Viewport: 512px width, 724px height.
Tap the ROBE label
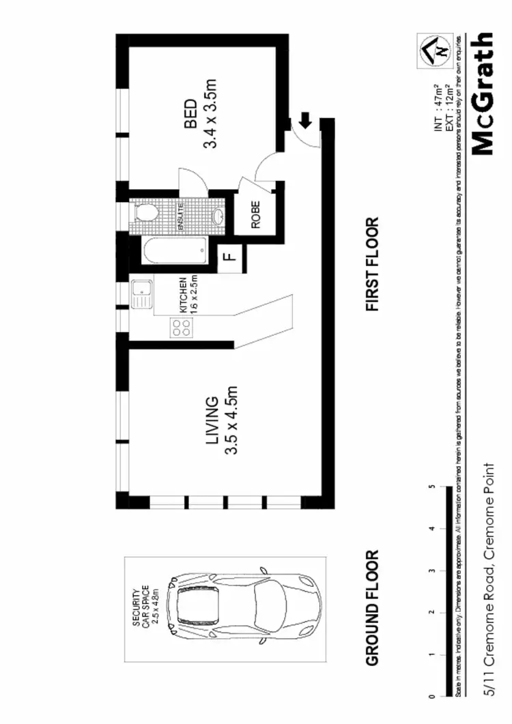click(x=255, y=216)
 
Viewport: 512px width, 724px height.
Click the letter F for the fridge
click(x=230, y=257)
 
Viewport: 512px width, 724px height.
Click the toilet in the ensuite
click(x=145, y=214)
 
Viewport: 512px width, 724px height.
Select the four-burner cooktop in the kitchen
click(x=182, y=329)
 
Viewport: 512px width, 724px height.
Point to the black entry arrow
click(x=305, y=121)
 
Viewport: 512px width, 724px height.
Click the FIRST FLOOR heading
click(x=372, y=265)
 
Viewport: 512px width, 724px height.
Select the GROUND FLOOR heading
click(x=372, y=608)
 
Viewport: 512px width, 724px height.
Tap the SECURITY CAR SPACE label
click(x=145, y=607)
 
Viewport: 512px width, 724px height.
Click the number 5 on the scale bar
click(x=431, y=487)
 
